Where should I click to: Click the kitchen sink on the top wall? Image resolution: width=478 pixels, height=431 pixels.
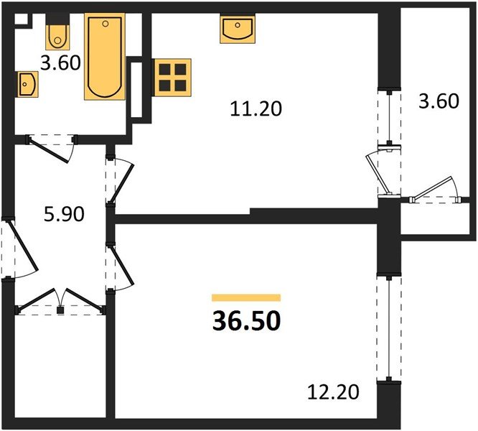coord(235,29)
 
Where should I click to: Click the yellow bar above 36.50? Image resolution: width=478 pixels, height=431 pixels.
coord(246,297)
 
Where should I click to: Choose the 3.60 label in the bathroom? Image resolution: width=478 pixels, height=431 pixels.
coord(60,62)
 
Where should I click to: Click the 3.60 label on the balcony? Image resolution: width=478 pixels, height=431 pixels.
coord(438,101)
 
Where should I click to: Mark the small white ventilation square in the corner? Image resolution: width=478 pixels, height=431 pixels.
coord(21,20)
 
